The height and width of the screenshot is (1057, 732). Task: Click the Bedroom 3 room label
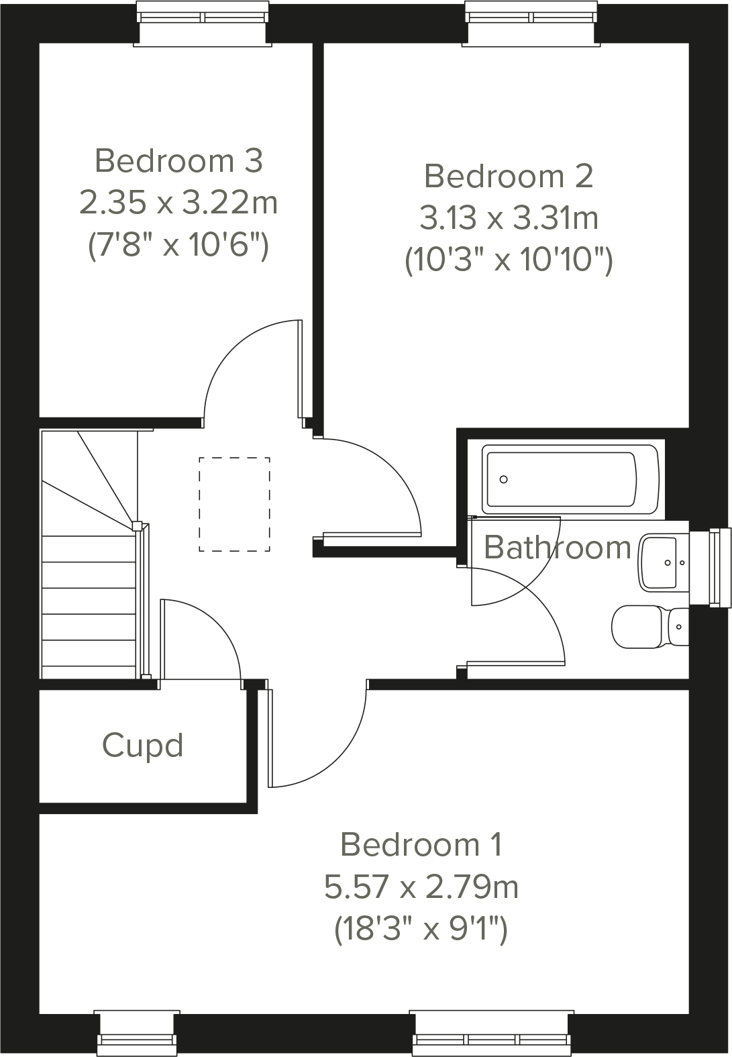178,161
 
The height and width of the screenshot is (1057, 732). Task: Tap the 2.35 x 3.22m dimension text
178,202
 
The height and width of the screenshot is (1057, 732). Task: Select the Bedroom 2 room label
509,177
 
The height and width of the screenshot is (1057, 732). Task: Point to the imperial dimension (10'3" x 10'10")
509,260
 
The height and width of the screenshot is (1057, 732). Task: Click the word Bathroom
557,548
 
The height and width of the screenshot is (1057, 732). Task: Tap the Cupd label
142,746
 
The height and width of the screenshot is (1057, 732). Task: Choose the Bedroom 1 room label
421,844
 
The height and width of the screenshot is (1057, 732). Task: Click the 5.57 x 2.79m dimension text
421,887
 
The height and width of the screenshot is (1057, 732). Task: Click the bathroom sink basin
663,562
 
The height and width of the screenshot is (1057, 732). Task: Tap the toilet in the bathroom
647,627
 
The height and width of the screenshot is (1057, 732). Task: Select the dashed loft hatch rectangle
234,504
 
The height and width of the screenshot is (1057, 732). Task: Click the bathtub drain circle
503,479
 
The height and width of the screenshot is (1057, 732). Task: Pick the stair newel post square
136,525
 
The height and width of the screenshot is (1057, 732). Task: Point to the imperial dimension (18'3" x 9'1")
421,930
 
